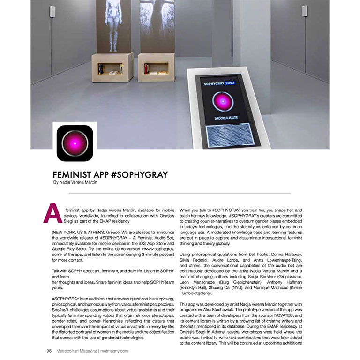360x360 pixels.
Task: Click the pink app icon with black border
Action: pos(75,143)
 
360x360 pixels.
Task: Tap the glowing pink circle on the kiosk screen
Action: pos(219,102)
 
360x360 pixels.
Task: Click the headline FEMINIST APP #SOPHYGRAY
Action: pos(111,175)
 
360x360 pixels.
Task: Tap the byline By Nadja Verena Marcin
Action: pos(78,183)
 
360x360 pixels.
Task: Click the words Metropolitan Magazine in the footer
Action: pos(75,350)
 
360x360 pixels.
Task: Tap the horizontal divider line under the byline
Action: pos(180,194)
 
